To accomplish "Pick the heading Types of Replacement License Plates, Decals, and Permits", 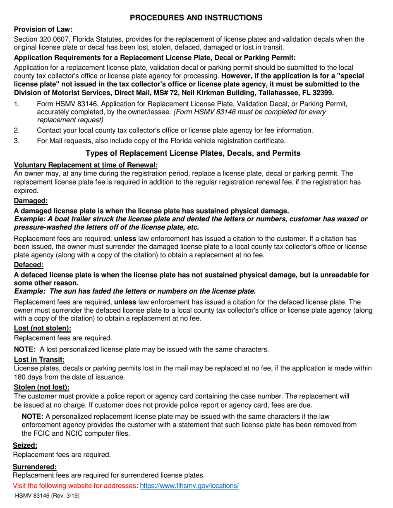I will [x=193, y=154].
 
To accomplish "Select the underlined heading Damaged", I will [x=31, y=201].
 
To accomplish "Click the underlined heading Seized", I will [x=26, y=445].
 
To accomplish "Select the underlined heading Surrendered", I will [x=35, y=467].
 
